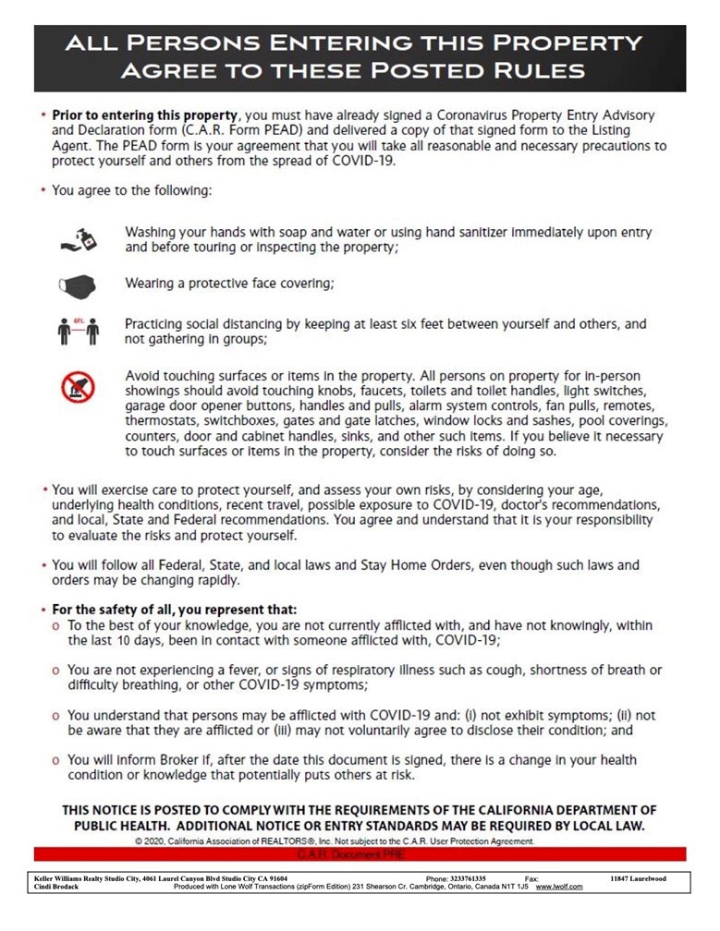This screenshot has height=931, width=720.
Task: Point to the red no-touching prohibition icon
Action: click(78, 388)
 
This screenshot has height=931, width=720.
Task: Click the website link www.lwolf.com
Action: click(559, 887)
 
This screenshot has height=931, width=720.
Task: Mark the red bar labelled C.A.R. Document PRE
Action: click(360, 854)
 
